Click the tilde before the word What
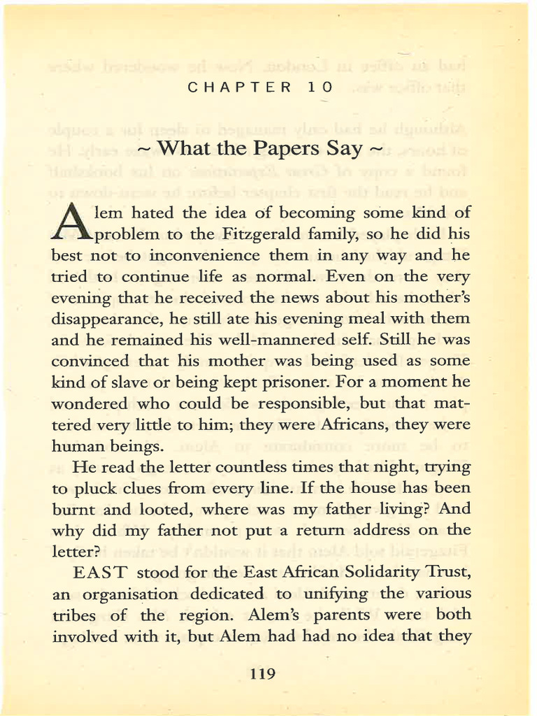(x=144, y=150)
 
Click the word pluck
(x=90, y=488)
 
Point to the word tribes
(x=76, y=615)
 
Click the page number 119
(x=262, y=674)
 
